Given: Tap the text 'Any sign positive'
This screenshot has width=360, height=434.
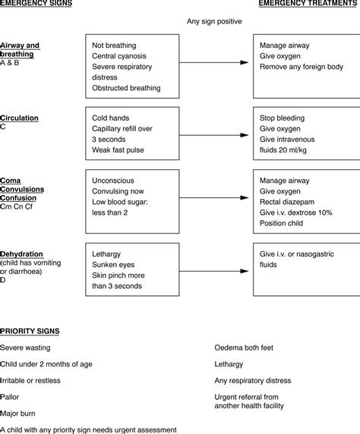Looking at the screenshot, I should point(215,21).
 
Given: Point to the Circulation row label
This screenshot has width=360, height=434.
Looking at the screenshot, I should point(20,118).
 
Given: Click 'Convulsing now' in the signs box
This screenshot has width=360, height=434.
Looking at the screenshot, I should point(120,193).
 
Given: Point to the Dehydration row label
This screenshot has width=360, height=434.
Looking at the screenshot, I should point(21,253).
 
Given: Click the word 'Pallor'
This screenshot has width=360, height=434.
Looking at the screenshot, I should point(11,395).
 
